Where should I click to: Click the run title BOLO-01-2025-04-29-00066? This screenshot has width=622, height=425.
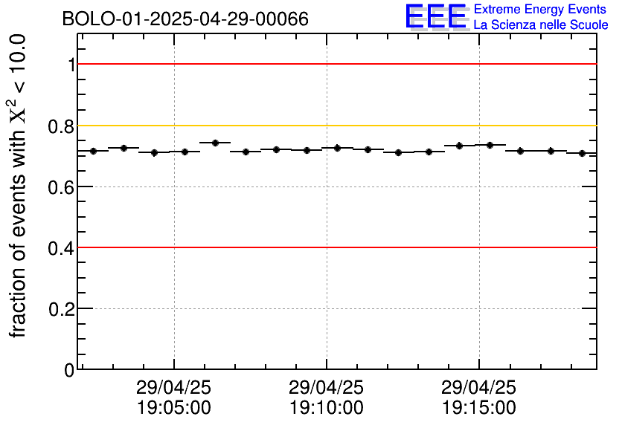(185, 19)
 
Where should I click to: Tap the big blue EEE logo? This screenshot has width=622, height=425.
(436, 16)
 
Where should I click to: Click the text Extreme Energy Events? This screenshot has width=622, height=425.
(541, 10)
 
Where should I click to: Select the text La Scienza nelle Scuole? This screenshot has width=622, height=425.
(541, 25)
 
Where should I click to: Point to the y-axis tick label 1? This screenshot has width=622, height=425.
(71, 65)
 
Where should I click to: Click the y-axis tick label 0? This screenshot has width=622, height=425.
(69, 370)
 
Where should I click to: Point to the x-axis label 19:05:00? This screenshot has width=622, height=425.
(174, 408)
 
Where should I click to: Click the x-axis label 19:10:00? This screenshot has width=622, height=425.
(327, 408)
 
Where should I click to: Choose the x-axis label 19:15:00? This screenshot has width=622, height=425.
(479, 408)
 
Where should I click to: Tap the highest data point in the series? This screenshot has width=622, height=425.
(215, 143)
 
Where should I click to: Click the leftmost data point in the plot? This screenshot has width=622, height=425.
(94, 151)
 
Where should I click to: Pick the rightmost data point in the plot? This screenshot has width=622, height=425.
(582, 153)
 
